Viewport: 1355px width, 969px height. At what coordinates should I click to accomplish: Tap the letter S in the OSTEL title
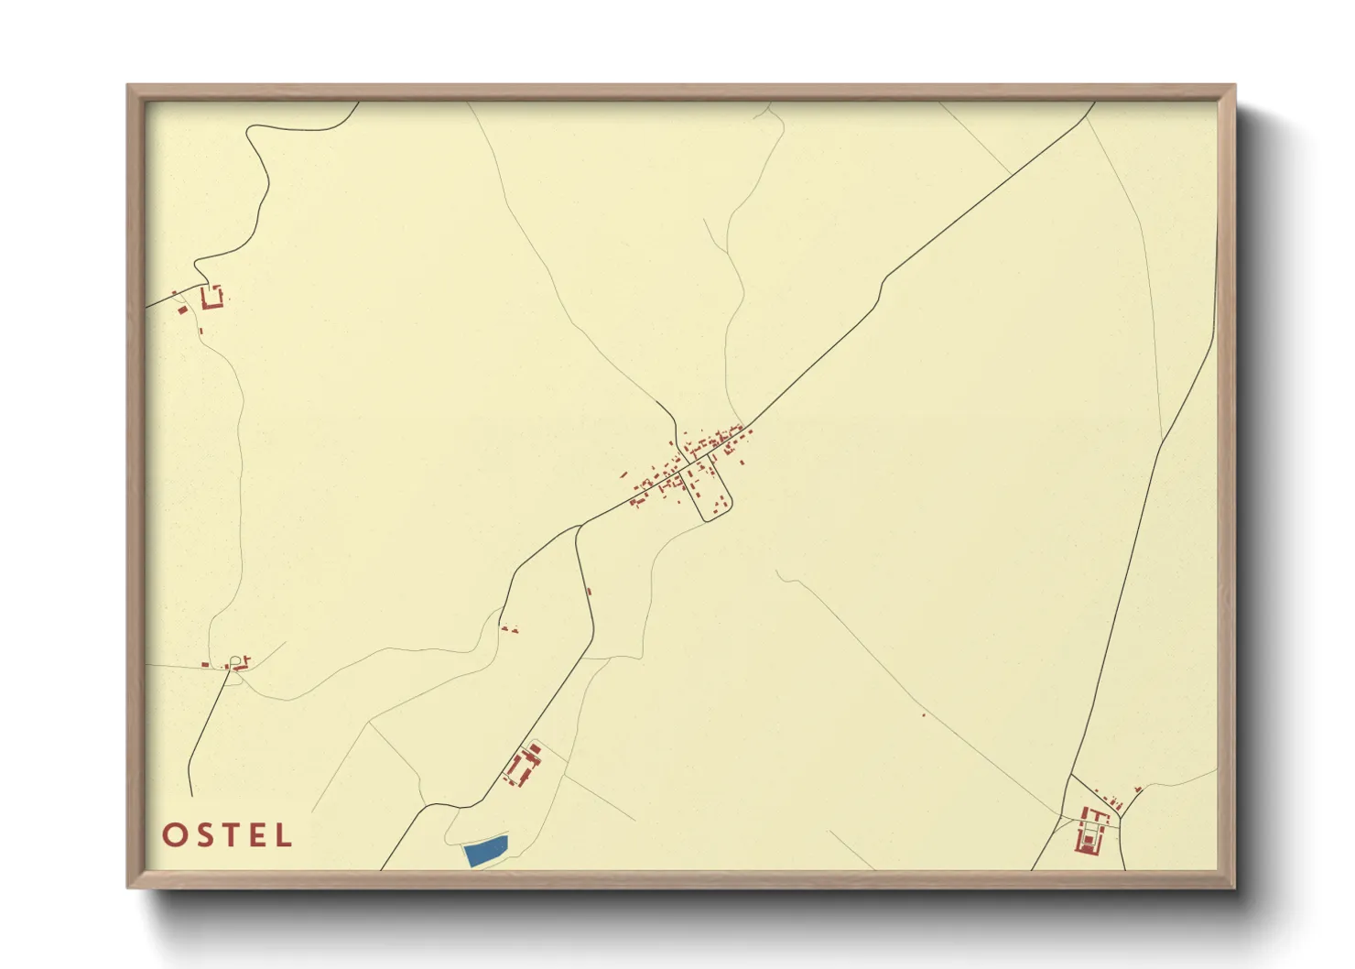pyautogui.click(x=203, y=835)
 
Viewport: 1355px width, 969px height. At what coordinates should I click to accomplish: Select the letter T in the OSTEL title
pyautogui.click(x=229, y=835)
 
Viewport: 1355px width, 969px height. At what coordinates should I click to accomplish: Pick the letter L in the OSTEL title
pyautogui.click(x=283, y=835)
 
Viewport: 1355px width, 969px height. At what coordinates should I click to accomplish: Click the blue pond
pyautogui.click(x=486, y=851)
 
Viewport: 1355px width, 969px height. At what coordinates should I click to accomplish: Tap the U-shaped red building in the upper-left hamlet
pyautogui.click(x=212, y=299)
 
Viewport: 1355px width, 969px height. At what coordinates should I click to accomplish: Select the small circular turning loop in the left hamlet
pyautogui.click(x=236, y=660)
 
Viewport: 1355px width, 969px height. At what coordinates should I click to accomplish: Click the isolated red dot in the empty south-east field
pyautogui.click(x=924, y=715)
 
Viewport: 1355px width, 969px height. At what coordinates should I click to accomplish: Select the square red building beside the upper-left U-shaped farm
pyautogui.click(x=181, y=310)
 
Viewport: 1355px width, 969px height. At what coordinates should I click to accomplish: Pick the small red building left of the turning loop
pyautogui.click(x=206, y=664)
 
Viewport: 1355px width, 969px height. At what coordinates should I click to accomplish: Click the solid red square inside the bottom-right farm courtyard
pyautogui.click(x=1089, y=835)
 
